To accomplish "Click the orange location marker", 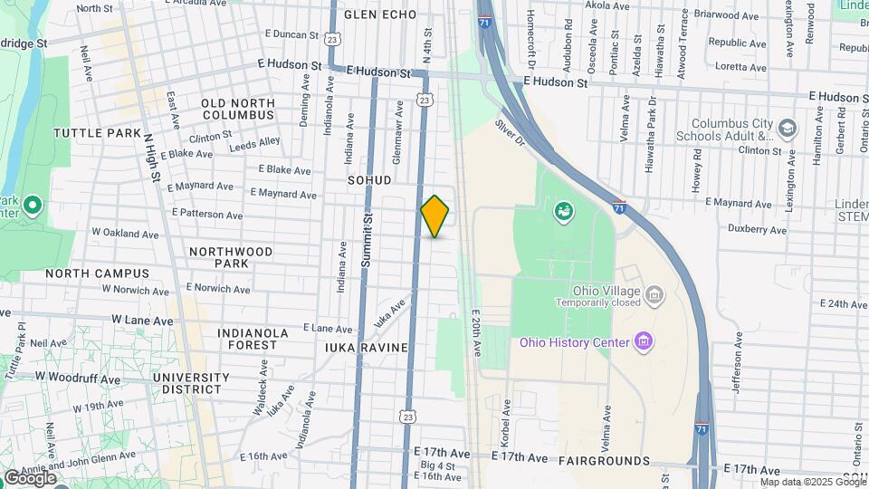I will [x=434, y=216].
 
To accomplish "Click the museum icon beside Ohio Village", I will [x=654, y=293].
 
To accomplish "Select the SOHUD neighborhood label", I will [x=369, y=180].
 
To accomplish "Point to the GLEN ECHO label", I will [x=380, y=14].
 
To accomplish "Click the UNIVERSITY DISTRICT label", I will [x=191, y=383].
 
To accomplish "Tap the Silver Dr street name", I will [x=511, y=132].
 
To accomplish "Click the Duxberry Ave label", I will [x=759, y=230].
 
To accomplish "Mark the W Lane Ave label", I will [x=141, y=321].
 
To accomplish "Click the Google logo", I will [x=30, y=476].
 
